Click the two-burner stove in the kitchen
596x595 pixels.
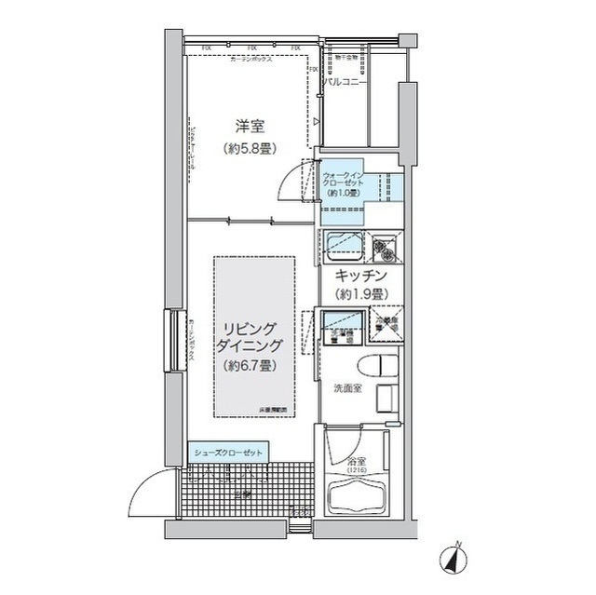[x=386, y=249]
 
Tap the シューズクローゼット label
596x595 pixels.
[x=228, y=453]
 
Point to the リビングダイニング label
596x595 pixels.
[x=247, y=337]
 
